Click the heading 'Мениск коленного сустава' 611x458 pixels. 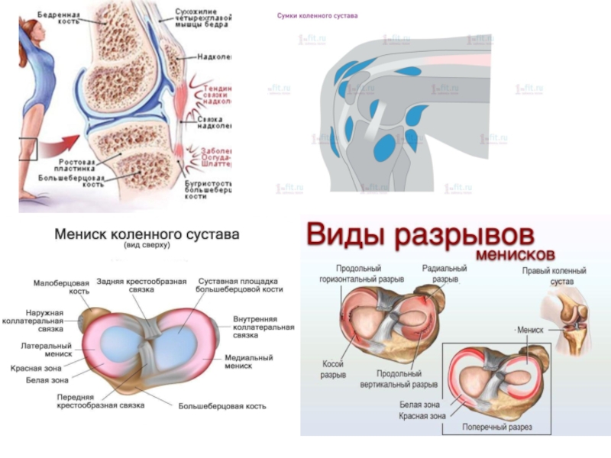point(147,234)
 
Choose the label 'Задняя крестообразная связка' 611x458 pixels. point(141,286)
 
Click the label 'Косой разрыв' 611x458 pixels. point(334,369)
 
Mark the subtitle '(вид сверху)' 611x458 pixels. point(147,246)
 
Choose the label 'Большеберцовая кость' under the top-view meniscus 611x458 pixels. point(222,406)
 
